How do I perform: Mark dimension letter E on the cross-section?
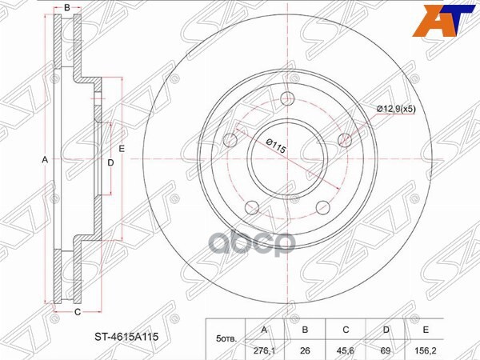122,150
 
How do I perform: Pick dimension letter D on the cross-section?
110,163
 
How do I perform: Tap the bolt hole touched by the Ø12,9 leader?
346,141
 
